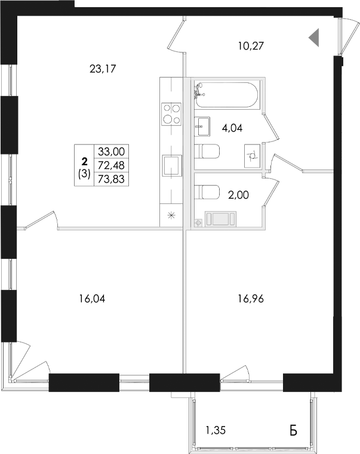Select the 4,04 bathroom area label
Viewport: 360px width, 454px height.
[x=232, y=127]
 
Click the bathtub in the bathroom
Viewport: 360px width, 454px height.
[x=227, y=95]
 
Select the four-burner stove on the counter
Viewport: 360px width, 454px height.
[x=171, y=113]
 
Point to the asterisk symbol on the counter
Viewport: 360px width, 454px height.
[x=171, y=216]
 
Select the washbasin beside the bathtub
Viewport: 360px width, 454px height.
[x=202, y=125]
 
